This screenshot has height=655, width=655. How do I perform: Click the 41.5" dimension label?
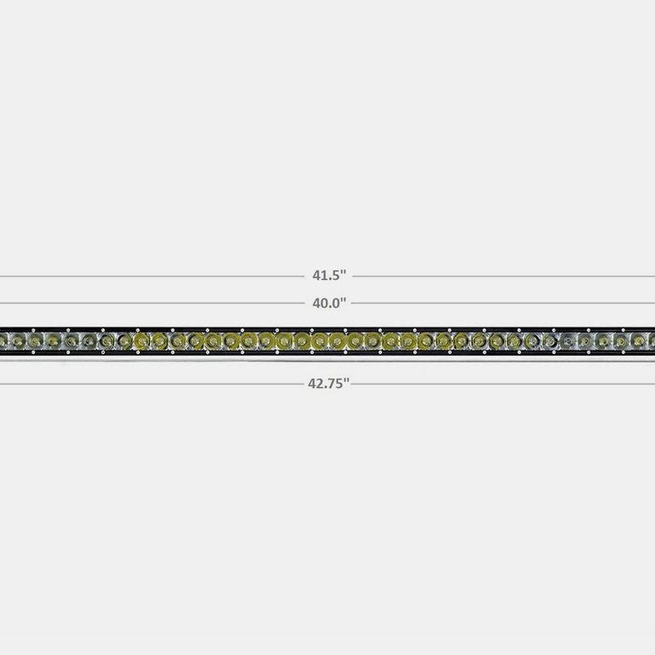pos(328,275)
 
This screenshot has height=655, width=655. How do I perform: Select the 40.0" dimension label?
pos(328,302)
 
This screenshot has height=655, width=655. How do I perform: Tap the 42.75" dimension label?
pos(328,384)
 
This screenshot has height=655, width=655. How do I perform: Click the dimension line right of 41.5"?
pos(503,276)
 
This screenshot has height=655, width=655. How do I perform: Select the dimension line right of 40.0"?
pos(503,303)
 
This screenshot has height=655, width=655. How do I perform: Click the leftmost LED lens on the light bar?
pos(14,341)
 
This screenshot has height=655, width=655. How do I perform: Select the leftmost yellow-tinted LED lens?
pos(141,341)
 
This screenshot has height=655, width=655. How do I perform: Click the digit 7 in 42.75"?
pos(332,384)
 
